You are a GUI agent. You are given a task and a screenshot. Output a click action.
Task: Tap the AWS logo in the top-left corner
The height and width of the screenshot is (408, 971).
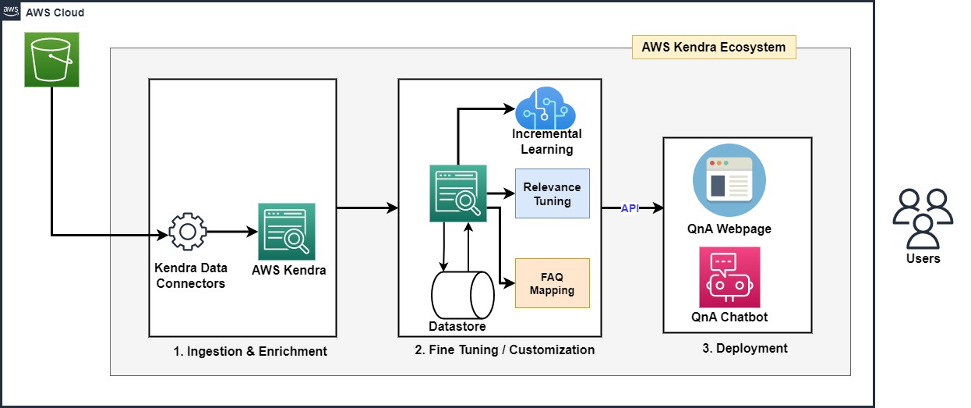tap(11, 12)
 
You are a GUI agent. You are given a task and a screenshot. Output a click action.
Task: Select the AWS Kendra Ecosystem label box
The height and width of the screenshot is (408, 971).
tap(713, 47)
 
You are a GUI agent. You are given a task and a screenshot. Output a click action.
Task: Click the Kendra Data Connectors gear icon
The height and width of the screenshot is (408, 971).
tap(187, 232)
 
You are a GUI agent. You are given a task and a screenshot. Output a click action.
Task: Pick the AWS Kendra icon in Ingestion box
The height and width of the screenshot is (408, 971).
tap(287, 232)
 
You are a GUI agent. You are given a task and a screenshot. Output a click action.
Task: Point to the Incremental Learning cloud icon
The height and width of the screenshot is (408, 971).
tap(548, 108)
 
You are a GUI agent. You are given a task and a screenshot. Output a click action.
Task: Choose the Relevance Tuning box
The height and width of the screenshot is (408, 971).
tap(552, 193)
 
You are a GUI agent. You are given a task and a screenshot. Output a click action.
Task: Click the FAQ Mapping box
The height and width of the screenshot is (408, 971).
tap(552, 283)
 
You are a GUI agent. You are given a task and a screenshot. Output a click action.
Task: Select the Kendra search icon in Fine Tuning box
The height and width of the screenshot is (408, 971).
tap(458, 193)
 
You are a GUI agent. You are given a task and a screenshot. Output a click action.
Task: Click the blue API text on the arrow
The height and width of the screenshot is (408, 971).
tap(630, 208)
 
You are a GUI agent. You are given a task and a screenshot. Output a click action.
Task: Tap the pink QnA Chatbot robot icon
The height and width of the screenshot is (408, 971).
tap(729, 277)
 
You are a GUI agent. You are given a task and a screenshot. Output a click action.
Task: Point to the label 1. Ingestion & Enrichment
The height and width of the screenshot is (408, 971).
tap(250, 351)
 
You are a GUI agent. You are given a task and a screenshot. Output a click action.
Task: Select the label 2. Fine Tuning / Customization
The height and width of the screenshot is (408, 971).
tap(504, 349)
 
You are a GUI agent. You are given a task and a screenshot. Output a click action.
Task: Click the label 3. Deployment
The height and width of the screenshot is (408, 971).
tap(744, 348)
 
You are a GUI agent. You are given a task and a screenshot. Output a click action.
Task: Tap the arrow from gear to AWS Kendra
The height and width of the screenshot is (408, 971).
tap(232, 232)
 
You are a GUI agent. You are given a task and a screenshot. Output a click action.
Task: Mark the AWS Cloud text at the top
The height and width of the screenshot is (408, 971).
tap(55, 12)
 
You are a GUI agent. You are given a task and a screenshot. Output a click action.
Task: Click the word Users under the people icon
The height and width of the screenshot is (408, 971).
tap(923, 258)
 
